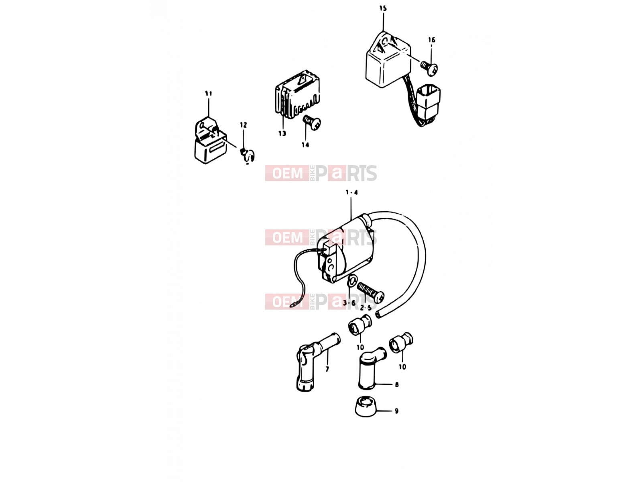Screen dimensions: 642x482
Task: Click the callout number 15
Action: click(x=383, y=8)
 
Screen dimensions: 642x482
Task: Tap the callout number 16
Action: click(x=432, y=40)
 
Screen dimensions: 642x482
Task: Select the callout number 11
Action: click(x=208, y=94)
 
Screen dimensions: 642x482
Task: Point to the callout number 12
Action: click(x=243, y=125)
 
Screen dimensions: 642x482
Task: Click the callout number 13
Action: click(x=282, y=133)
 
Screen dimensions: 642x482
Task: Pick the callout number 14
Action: click(x=305, y=145)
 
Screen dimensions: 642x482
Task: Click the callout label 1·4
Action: click(x=351, y=192)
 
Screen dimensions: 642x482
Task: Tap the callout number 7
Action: click(x=327, y=369)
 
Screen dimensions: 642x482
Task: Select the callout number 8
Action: click(x=396, y=384)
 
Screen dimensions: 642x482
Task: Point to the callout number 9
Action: click(x=396, y=411)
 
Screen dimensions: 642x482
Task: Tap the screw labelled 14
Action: click(x=312, y=123)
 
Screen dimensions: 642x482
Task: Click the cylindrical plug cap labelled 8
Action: click(x=371, y=368)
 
